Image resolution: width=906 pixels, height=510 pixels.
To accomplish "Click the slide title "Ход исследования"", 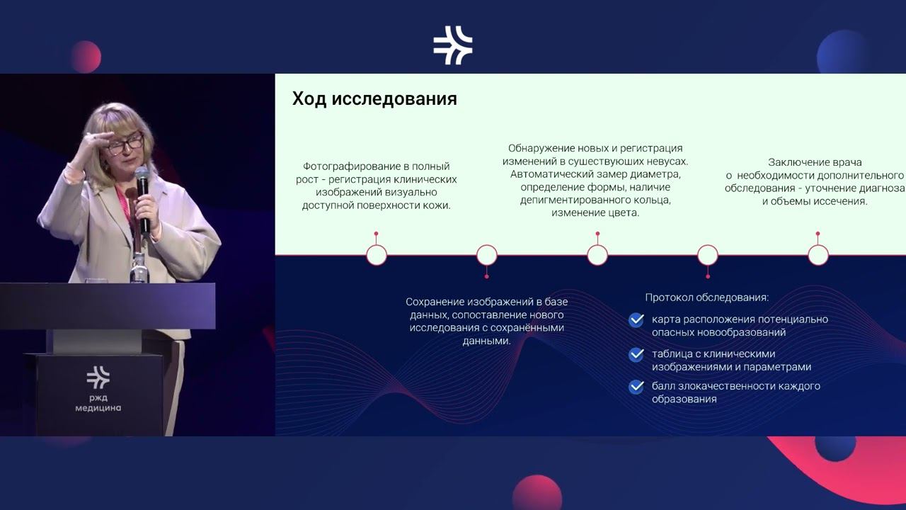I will point(374,99).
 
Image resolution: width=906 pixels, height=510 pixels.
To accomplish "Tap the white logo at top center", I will point(453,45).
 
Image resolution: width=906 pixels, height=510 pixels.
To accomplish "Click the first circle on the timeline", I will point(377,255).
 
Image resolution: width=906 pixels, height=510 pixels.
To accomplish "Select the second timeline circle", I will point(487,255).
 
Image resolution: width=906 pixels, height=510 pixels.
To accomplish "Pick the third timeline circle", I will point(597,255).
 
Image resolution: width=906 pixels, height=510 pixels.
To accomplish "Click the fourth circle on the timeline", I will point(708,255).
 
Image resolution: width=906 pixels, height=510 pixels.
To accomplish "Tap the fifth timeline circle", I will point(818,255).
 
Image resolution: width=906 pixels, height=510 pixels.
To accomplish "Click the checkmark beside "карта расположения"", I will point(636,321).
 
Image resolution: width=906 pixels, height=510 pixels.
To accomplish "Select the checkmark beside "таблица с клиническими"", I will point(636,355).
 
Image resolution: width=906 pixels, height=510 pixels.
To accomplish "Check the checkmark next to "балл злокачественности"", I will point(636,387).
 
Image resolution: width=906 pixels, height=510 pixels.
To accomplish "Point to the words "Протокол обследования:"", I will point(706,297).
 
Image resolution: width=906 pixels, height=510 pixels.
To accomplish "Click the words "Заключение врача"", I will point(815,162).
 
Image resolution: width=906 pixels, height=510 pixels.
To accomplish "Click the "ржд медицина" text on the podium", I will point(98,402).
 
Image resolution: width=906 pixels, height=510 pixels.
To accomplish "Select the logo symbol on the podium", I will point(98,377).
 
